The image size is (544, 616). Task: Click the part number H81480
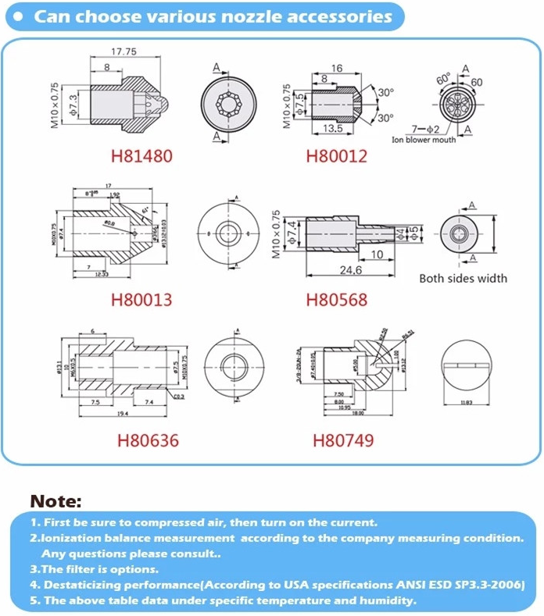144,156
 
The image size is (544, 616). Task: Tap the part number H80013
141,299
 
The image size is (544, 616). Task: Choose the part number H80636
148,440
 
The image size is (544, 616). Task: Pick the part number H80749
342,440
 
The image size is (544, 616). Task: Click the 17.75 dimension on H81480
123,52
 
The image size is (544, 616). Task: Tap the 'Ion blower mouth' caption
423,141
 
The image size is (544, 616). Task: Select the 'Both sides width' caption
463,278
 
